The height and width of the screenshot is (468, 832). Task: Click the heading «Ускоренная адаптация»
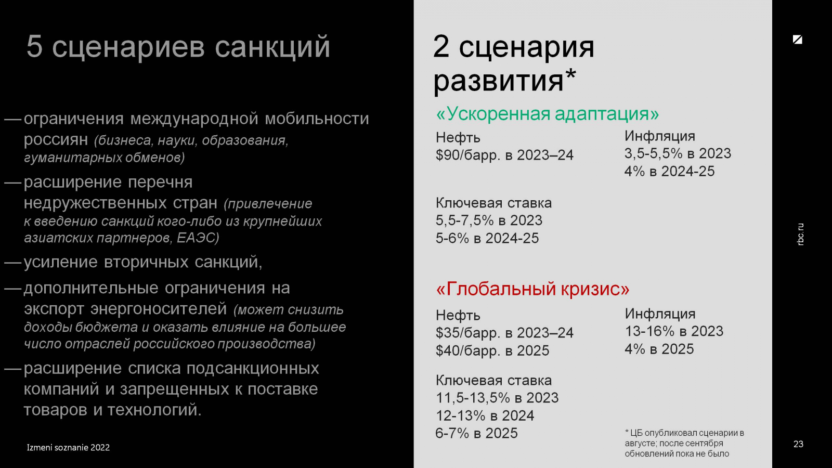tap(547, 114)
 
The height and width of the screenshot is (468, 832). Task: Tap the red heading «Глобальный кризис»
tap(532, 289)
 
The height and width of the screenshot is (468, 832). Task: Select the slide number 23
tap(798, 444)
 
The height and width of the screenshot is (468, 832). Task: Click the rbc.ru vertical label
tap(800, 234)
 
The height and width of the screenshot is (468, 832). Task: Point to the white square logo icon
tap(798, 40)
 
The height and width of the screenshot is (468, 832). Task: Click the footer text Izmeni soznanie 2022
tap(68, 448)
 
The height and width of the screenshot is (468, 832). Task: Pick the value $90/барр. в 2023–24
tap(504, 155)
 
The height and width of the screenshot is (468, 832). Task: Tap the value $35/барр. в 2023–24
tap(504, 332)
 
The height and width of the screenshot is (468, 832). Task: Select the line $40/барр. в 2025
tap(492, 350)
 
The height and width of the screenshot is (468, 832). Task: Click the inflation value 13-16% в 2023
tap(674, 331)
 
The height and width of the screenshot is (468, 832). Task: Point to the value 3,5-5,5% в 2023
tap(678, 153)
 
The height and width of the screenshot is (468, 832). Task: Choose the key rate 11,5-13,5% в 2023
tap(497, 398)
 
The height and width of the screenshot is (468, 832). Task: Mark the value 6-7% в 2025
tap(476, 433)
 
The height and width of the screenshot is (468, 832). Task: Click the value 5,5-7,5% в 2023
tap(489, 220)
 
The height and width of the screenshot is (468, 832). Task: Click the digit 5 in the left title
tap(34, 47)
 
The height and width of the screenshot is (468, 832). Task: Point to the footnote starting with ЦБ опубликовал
tap(684, 443)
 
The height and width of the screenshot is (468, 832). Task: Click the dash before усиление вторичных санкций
tap(13, 262)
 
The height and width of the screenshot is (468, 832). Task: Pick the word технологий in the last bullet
tap(154, 410)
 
